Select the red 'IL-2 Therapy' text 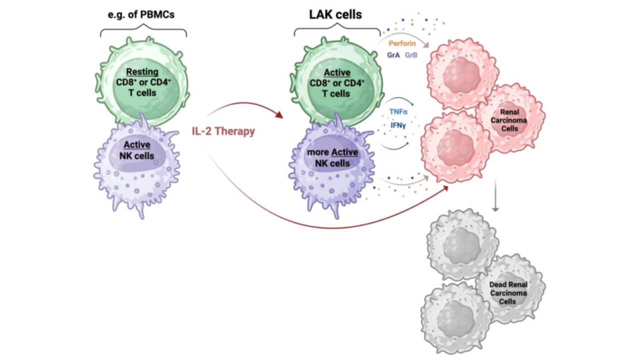(223, 131)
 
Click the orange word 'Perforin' (402, 43)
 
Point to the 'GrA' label (393, 54)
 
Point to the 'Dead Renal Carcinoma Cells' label (508, 293)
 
